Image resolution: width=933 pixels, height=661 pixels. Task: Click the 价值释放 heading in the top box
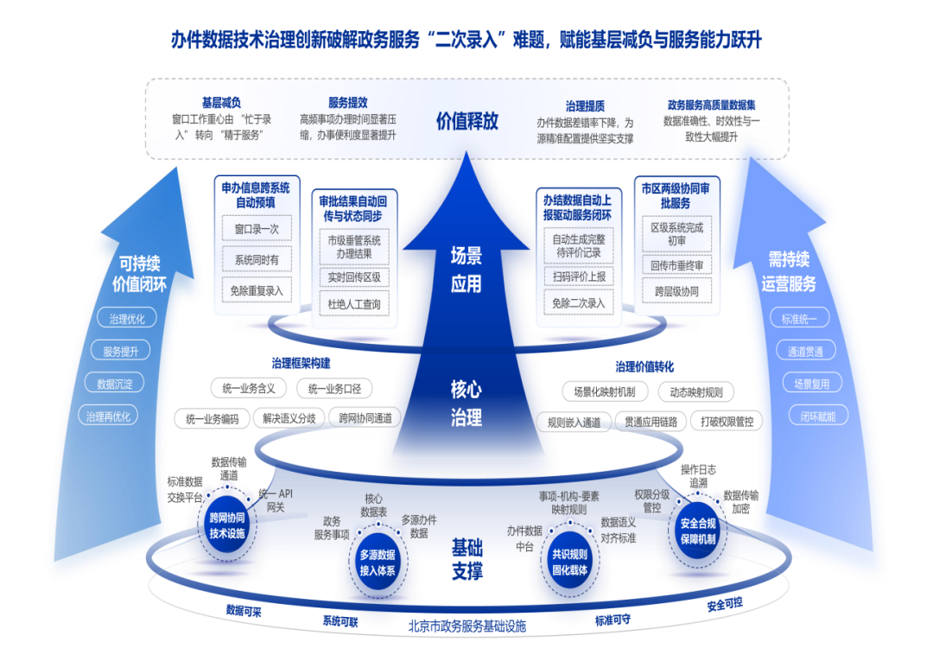tap(466, 120)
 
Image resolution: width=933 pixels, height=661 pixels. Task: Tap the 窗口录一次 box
tap(257, 229)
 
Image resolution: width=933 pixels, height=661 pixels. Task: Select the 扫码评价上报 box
tap(579, 276)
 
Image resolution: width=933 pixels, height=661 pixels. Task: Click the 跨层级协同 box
tap(676, 291)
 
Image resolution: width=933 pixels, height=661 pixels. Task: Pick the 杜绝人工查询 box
tap(354, 304)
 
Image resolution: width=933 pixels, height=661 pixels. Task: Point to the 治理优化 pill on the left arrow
tap(126, 319)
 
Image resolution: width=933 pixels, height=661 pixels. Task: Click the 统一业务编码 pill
tap(212, 419)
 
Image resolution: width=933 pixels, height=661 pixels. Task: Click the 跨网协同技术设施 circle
tap(227, 524)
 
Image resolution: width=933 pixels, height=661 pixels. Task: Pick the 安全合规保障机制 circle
tap(698, 531)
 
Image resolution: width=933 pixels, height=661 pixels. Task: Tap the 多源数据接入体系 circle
tap(377, 562)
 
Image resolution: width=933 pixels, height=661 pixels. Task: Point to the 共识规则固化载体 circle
tap(569, 562)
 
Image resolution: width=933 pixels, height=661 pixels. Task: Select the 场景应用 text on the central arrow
tap(466, 270)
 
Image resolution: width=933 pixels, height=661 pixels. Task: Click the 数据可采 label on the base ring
tap(244, 611)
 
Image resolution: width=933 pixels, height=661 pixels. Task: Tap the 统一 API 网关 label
tap(276, 499)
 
